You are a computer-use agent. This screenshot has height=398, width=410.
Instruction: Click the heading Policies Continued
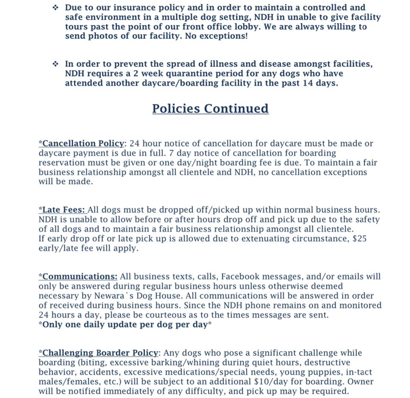210,108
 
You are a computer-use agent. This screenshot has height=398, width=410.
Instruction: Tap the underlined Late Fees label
63,210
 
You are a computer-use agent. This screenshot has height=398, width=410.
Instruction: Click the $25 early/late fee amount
359,239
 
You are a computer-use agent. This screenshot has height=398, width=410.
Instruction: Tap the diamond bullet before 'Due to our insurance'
55,7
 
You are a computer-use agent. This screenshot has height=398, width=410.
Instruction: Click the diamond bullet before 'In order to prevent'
55,64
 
